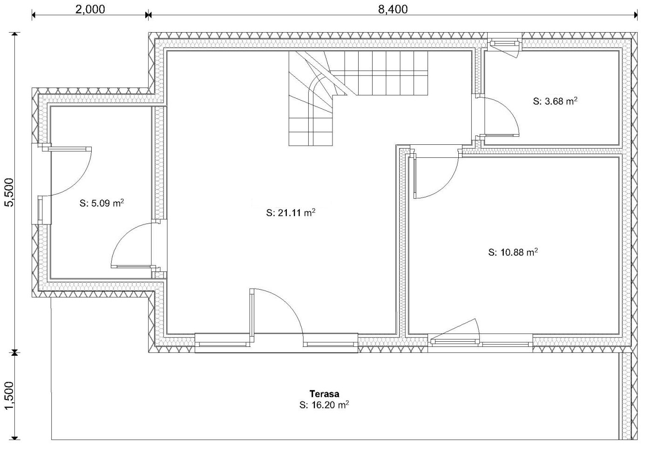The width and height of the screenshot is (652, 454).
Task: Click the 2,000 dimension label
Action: (90, 9)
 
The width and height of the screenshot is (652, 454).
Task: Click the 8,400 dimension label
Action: (393, 9)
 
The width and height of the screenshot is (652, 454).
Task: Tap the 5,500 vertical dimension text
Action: (9, 192)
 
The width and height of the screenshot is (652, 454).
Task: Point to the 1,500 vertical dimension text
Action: (9, 395)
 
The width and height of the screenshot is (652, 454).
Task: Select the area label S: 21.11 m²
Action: (291, 213)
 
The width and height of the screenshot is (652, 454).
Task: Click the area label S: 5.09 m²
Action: (102, 203)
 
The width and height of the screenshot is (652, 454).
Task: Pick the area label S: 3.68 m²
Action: (555, 101)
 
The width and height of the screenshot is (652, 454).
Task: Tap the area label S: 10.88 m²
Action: (513, 252)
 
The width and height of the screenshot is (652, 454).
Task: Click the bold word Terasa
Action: (324, 394)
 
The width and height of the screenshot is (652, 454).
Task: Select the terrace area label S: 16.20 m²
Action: (324, 405)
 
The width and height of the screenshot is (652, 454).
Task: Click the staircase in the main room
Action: (358, 98)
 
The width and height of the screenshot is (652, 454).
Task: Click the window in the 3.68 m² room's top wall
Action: (505, 44)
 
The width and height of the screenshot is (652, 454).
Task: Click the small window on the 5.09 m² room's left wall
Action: (41, 210)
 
